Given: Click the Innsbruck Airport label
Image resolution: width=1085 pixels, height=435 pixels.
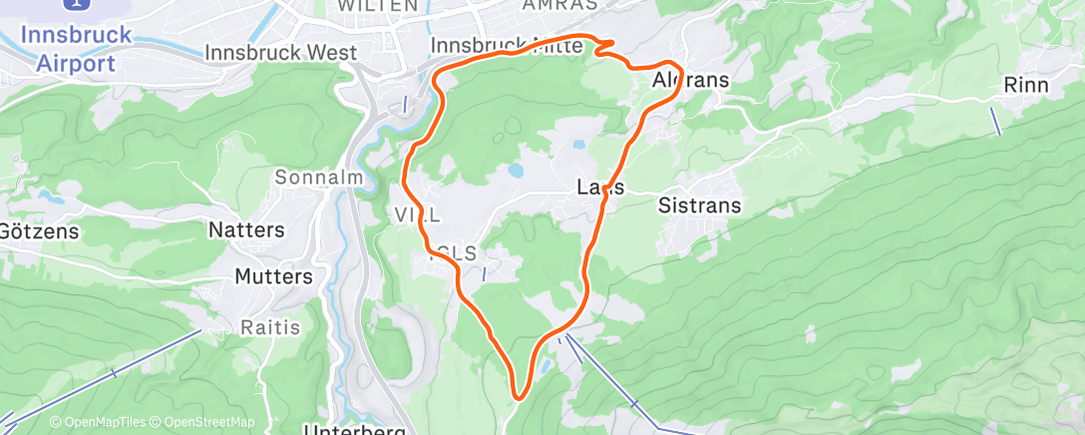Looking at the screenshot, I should (x=76, y=49).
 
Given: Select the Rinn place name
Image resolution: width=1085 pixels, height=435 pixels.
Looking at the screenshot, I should (x=1026, y=86).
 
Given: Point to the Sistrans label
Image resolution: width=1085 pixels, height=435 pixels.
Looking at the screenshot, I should (x=700, y=207).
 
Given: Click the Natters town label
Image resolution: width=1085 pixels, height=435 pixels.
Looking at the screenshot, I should (x=246, y=229).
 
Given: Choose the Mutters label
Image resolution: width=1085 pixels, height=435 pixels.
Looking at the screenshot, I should (x=274, y=276).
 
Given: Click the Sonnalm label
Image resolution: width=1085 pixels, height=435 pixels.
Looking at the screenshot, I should (x=316, y=178).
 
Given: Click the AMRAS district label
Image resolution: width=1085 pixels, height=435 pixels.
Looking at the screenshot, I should (x=559, y=5).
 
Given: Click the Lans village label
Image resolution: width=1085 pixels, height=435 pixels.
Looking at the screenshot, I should (x=600, y=188).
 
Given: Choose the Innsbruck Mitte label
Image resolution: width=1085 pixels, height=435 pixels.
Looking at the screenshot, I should (x=506, y=46).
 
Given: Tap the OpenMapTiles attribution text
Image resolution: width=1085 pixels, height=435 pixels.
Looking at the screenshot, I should (x=103, y=422).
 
